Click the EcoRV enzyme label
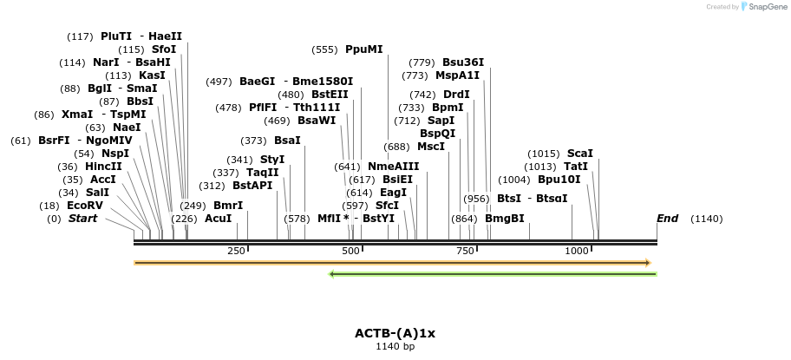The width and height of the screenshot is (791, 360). pos(85,206)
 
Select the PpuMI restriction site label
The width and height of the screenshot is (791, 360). pos(363,49)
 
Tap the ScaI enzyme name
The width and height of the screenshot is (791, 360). pos(580,154)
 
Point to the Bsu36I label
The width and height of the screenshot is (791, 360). pos(463,62)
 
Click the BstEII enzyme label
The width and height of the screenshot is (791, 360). pos(330,95)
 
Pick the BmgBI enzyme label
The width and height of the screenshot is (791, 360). pos(505,219)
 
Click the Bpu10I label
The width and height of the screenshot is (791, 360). pos(559,180)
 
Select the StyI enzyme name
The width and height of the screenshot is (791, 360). pos(272,160)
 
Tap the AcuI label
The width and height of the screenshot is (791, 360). pos(218,219)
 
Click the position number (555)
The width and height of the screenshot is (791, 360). pos(324,49)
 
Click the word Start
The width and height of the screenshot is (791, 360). pos(82,219)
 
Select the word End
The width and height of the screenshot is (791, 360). pos(667,219)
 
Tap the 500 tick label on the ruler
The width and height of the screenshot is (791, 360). pos(351,251)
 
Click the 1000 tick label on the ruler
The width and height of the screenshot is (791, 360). pos(577,251)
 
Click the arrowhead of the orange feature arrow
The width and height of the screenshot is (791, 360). pos(647,262)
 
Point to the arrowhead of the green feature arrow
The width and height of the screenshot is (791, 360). pos(332,274)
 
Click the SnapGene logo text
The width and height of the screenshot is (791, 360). pos(763,7)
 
